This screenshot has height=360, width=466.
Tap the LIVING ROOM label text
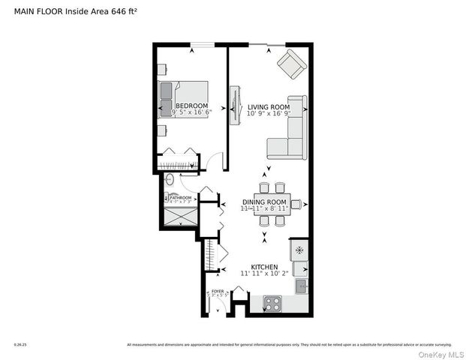coord(268,106)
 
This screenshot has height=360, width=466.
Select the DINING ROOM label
coord(265,202)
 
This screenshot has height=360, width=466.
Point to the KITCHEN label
coord(264,267)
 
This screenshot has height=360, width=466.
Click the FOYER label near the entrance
coord(217,290)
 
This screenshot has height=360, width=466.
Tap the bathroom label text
coord(181,198)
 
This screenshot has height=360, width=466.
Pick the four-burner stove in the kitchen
coord(272,304)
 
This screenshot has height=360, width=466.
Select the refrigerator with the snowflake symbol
coord(299,250)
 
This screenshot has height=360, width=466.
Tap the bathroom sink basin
coord(170,180)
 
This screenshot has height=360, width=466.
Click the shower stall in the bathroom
coord(181,217)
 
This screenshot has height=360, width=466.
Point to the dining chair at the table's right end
coord(296,204)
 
